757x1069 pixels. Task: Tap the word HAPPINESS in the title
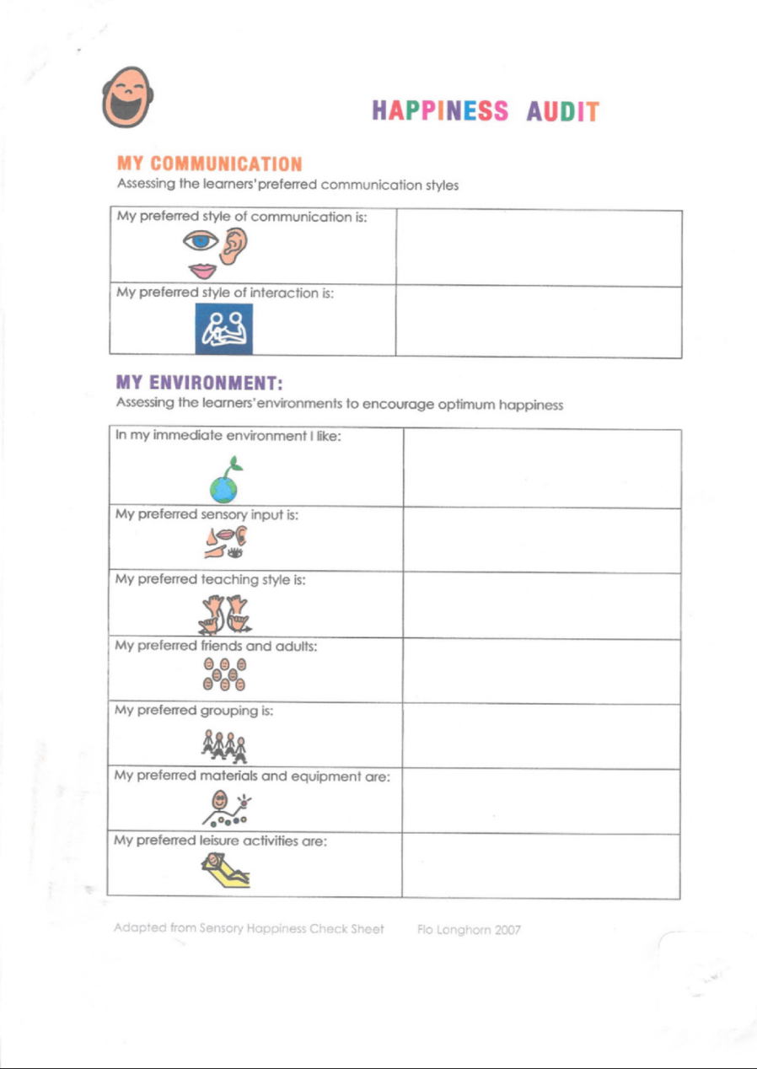tap(439, 111)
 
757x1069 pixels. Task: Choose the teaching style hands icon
tap(222, 611)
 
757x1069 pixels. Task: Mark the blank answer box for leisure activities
tap(540, 866)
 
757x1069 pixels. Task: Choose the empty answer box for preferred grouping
tap(540, 736)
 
